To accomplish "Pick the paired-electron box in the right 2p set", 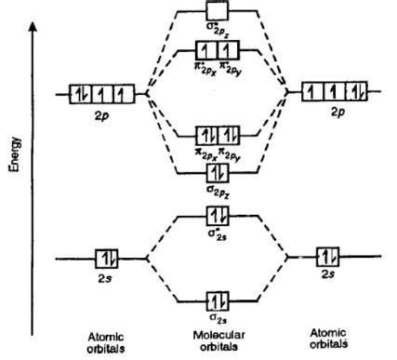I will (x=351, y=92).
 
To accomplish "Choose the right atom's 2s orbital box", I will (x=327, y=256).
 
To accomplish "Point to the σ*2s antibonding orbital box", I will (x=216, y=216).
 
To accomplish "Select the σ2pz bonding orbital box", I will (x=216, y=173).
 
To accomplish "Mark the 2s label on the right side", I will (x=326, y=274).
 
